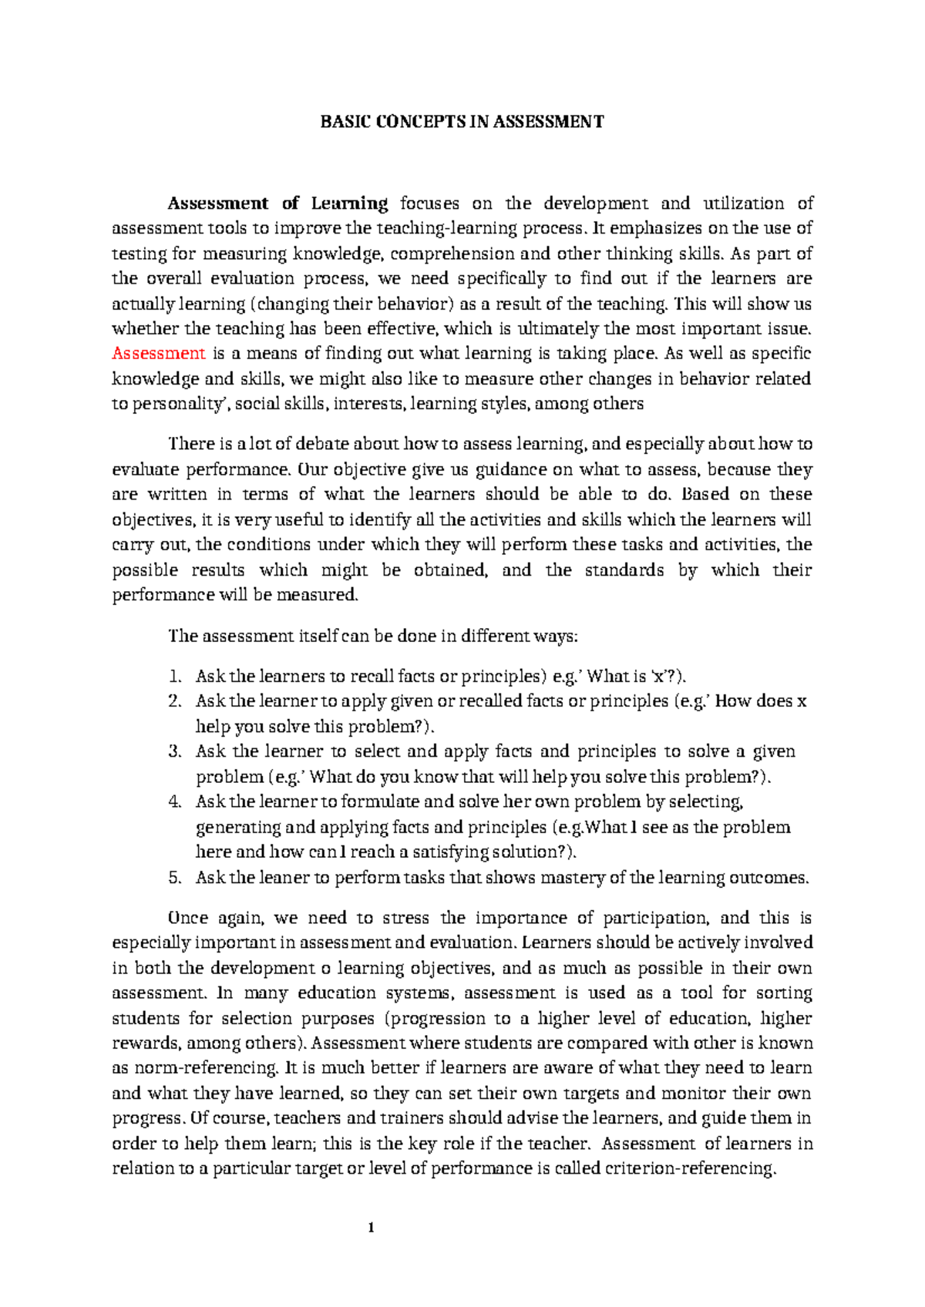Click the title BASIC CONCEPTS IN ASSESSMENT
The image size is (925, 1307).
coord(462,122)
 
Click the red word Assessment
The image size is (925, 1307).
coord(159,354)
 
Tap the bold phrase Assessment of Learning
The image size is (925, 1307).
coord(278,203)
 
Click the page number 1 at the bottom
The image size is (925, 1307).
coord(371,1228)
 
